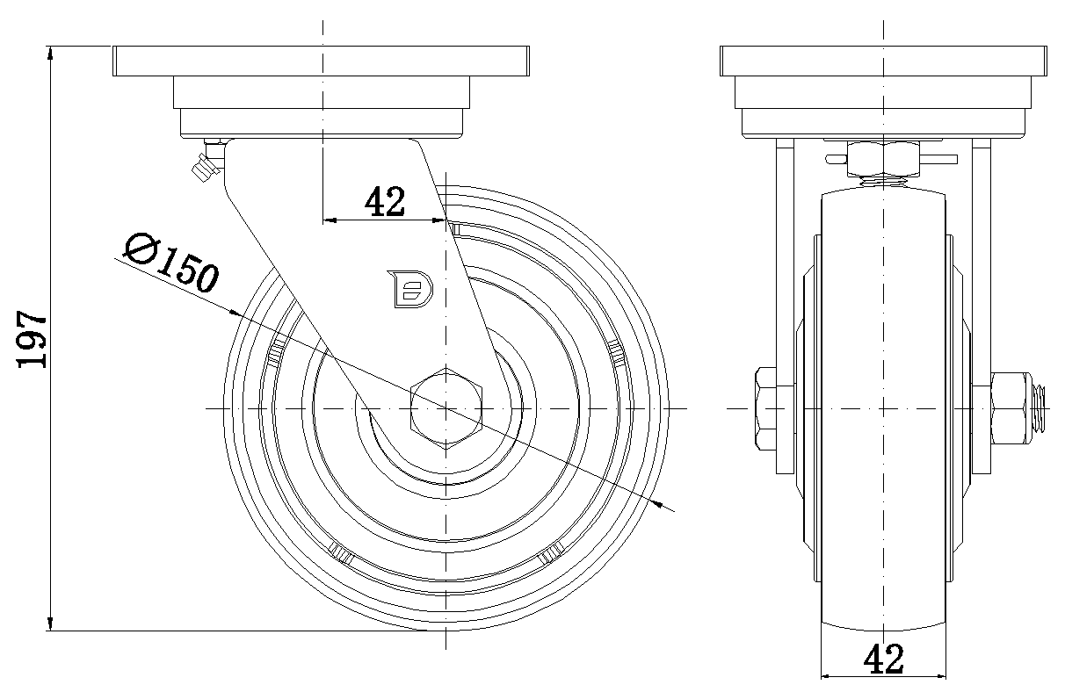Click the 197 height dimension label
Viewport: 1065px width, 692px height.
pyautogui.click(x=33, y=339)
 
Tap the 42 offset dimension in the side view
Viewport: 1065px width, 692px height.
pyautogui.click(x=385, y=202)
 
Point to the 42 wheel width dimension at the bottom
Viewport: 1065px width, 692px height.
pyautogui.click(x=884, y=659)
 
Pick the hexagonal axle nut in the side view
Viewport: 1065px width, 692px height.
pyautogui.click(x=447, y=408)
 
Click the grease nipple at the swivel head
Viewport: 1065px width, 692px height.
pyautogui.click(x=205, y=164)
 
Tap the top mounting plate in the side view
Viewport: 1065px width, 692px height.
pyautogui.click(x=321, y=61)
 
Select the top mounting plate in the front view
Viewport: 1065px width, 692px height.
pyautogui.click(x=884, y=61)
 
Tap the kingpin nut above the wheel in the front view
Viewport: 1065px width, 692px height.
pyautogui.click(x=882, y=159)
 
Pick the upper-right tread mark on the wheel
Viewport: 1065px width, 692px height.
pyautogui.click(x=616, y=353)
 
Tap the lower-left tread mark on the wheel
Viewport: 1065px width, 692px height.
pyautogui.click(x=341, y=552)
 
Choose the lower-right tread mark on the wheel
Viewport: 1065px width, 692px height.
pyautogui.click(x=552, y=552)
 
